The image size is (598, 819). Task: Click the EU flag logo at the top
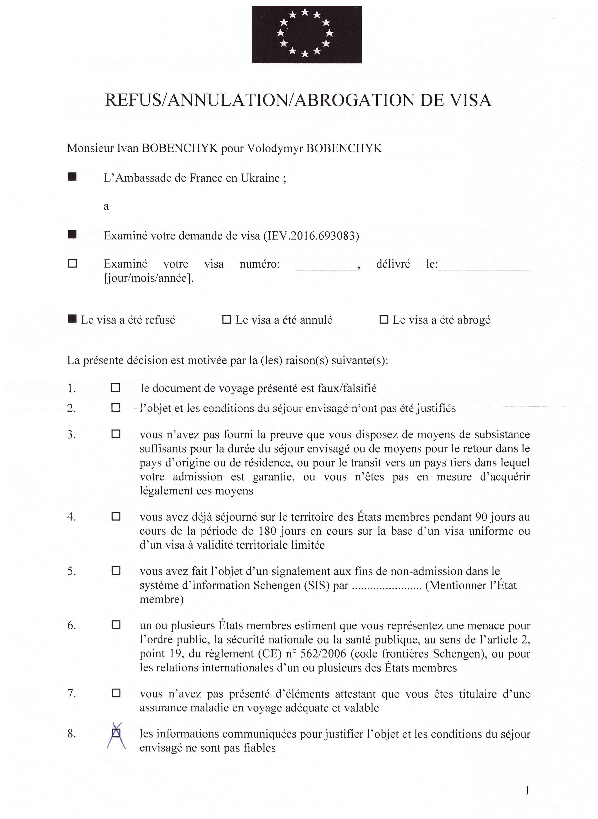click(x=306, y=34)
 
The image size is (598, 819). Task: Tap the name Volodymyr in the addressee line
click(x=275, y=149)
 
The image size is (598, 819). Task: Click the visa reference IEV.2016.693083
click(x=311, y=236)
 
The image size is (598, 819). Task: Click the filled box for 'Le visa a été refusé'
click(x=72, y=319)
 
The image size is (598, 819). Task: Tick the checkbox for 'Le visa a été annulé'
click(x=227, y=320)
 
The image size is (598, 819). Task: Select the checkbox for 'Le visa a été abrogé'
click(x=384, y=320)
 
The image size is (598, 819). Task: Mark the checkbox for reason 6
click(x=116, y=625)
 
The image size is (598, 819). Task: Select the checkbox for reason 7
click(x=116, y=693)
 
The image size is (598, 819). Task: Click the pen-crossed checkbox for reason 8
click(x=116, y=733)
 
